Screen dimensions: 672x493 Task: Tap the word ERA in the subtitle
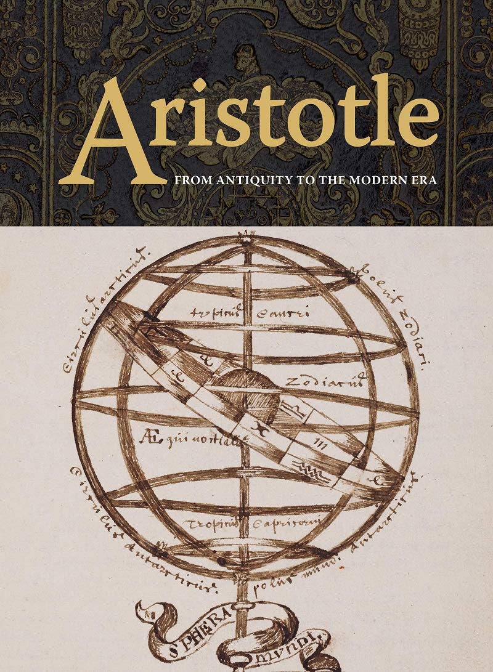click(x=425, y=182)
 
